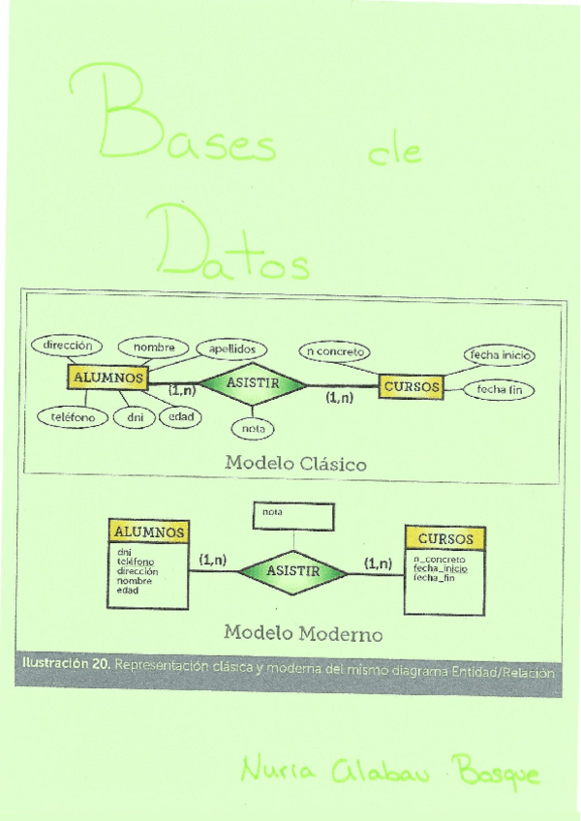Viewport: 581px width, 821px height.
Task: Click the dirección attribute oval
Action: point(67,344)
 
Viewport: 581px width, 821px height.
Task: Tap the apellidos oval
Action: point(231,349)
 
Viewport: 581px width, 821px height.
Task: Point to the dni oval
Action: point(134,417)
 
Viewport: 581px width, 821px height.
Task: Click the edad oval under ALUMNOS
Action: point(179,417)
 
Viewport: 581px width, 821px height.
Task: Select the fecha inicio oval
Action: point(499,355)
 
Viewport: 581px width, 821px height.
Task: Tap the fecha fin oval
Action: point(500,390)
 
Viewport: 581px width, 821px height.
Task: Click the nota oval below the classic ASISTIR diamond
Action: point(253,428)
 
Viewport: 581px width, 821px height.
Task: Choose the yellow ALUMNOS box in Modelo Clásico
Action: point(107,378)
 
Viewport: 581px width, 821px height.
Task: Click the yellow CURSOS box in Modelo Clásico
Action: point(412,387)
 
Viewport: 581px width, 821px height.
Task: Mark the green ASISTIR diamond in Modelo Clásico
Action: point(253,383)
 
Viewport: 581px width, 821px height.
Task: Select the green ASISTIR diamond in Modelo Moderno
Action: point(292,571)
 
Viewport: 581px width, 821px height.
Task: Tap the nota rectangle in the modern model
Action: point(292,515)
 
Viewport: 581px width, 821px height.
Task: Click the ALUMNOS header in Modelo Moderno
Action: point(148,532)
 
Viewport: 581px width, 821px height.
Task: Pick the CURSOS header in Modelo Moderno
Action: point(445,538)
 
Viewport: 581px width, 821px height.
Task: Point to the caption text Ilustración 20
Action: point(64,665)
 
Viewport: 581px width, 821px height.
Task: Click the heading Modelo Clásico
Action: point(295,463)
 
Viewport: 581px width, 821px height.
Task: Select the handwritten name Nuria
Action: point(274,771)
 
